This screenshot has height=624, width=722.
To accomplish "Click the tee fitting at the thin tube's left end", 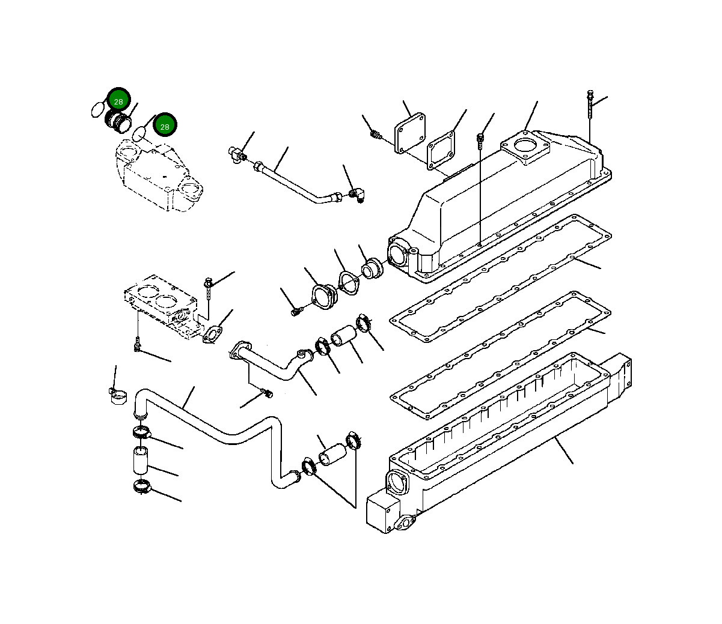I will click(235, 154).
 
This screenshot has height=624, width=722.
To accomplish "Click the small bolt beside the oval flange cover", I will click(295, 311).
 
